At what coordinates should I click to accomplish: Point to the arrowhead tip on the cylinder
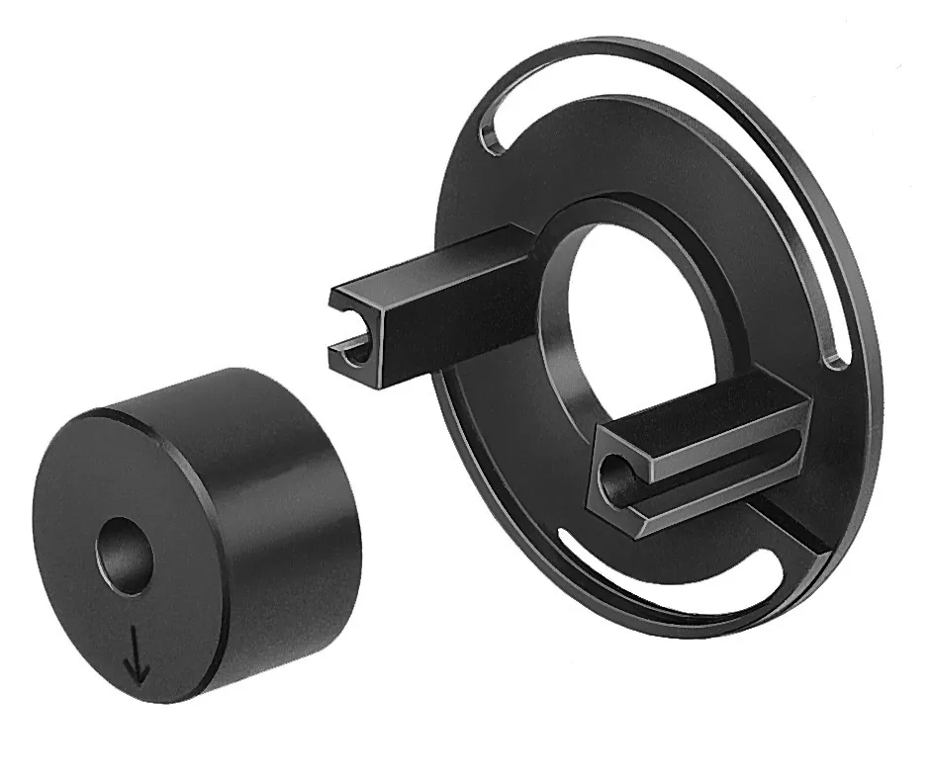[138, 682]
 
